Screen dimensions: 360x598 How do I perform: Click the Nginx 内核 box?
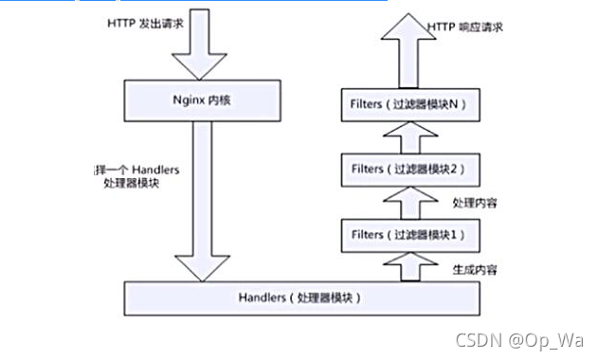(204, 97)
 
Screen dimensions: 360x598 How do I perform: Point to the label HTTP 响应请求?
(464, 28)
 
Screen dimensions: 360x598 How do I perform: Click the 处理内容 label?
(476, 203)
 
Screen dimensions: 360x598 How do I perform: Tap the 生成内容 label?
(476, 269)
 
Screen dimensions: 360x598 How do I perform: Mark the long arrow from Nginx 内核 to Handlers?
(204, 199)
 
